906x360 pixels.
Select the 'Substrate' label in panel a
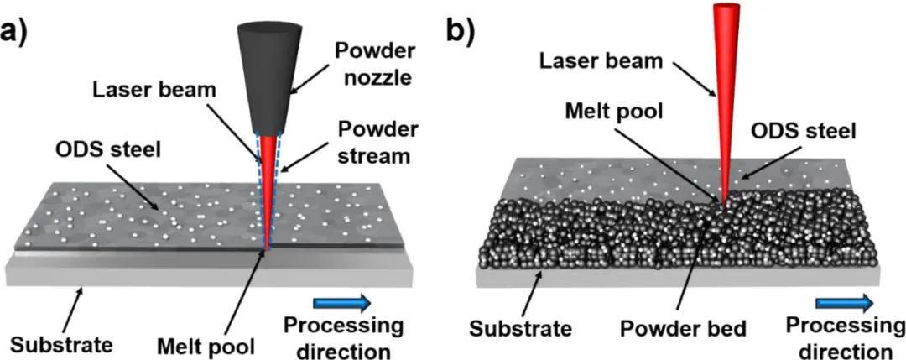[60, 346]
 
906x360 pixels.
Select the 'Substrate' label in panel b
[519, 329]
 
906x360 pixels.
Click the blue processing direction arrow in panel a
[341, 302]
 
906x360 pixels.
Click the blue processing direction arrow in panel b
[843, 301]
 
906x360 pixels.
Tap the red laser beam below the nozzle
[268, 190]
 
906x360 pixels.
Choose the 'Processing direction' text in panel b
[844, 337]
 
